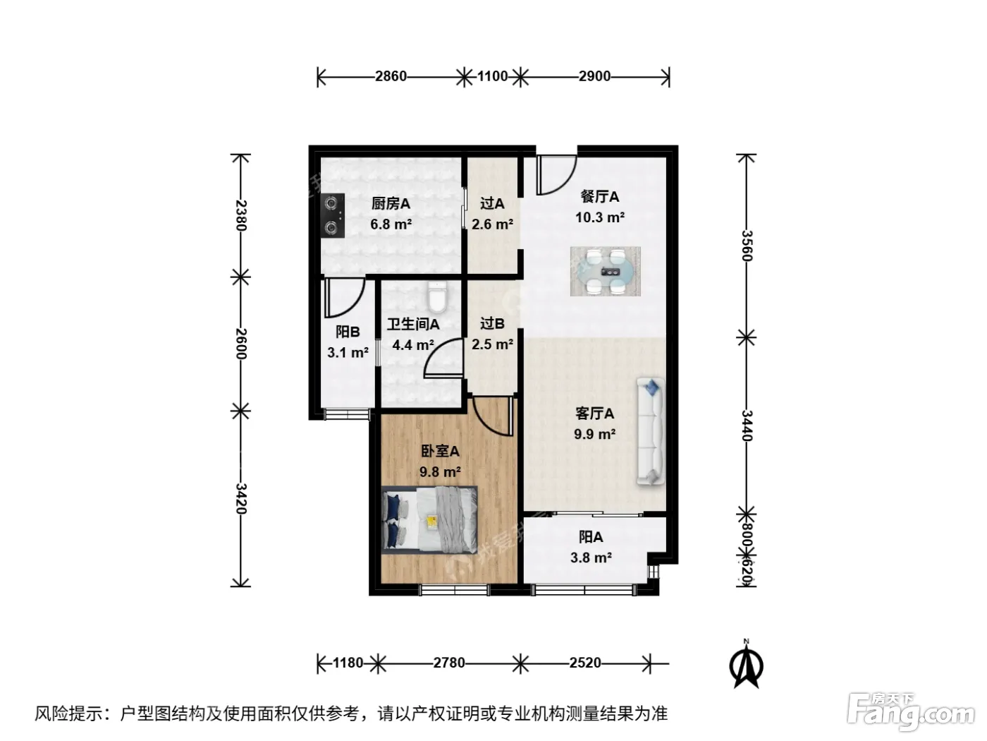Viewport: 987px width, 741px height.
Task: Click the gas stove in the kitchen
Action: (x=332, y=215)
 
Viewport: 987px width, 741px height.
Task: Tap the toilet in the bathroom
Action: (x=437, y=296)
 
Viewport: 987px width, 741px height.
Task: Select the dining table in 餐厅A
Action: (x=605, y=271)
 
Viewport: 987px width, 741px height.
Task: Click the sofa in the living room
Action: (x=650, y=431)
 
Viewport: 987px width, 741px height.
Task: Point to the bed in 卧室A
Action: (x=429, y=519)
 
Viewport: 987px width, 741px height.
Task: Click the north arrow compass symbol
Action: (x=746, y=665)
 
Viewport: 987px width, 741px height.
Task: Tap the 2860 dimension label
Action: (x=391, y=76)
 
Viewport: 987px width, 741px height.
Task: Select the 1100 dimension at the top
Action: (x=492, y=76)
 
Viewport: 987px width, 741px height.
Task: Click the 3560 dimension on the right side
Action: (x=747, y=245)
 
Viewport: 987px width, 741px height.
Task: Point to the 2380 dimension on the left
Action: (x=242, y=215)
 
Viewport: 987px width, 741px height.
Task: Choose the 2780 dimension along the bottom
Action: (x=449, y=663)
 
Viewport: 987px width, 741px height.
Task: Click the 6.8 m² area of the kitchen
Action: (x=391, y=224)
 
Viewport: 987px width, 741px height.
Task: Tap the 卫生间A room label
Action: (x=413, y=324)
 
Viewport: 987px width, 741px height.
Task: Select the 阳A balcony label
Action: (x=591, y=537)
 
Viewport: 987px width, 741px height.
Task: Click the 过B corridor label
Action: (x=492, y=323)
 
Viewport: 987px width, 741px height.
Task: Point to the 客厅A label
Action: (x=594, y=414)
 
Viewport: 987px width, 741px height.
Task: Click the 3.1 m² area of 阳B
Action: (x=348, y=353)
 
